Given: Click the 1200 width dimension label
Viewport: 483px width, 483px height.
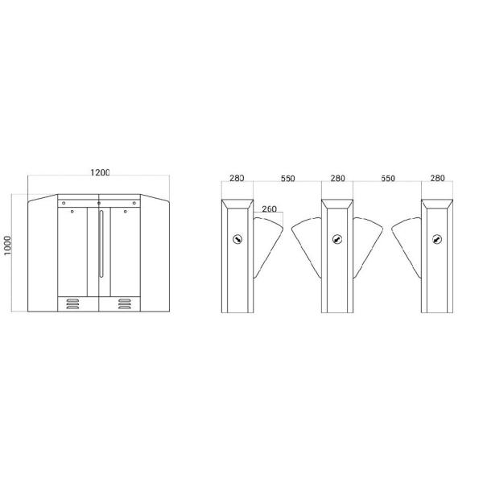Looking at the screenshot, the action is tap(100, 172).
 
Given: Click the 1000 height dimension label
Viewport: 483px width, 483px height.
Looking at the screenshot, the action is tap(7, 246).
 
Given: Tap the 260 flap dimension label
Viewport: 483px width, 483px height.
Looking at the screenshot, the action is tap(269, 208).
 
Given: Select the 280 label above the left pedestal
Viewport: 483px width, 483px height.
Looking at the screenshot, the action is tap(237, 178).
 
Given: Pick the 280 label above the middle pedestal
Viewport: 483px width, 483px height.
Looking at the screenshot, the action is tap(337, 178).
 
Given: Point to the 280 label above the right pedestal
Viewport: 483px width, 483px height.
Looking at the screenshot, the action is tap(437, 178).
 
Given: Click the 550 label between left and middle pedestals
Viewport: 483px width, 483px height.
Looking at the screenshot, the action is tap(287, 179).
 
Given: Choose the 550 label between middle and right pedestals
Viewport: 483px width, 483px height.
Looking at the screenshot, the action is tap(388, 179).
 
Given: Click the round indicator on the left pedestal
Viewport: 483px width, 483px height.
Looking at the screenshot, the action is tap(237, 239).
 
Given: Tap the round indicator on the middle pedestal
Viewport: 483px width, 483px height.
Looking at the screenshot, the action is tap(337, 239).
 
